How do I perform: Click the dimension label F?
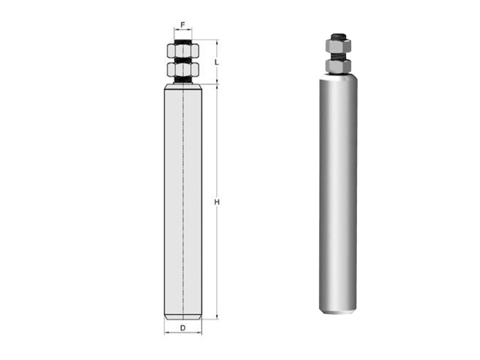point(183,25)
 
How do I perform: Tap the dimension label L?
point(217,62)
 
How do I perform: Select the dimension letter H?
point(217,202)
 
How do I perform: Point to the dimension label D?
point(183,328)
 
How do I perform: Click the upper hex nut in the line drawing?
point(183,51)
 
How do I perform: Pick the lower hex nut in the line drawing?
point(183,70)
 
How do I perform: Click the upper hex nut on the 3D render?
point(338,46)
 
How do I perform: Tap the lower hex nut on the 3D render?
point(338,66)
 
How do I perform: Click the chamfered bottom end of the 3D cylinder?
point(338,310)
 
